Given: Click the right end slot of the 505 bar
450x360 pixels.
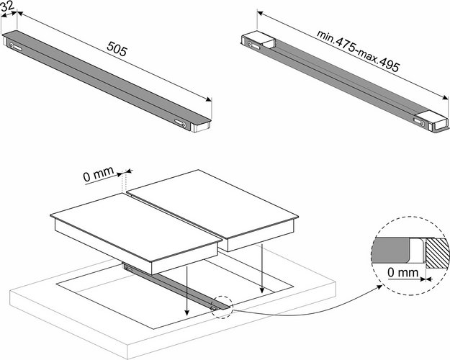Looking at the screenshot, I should [183, 125].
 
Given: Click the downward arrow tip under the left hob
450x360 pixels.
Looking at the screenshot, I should [186, 315].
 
